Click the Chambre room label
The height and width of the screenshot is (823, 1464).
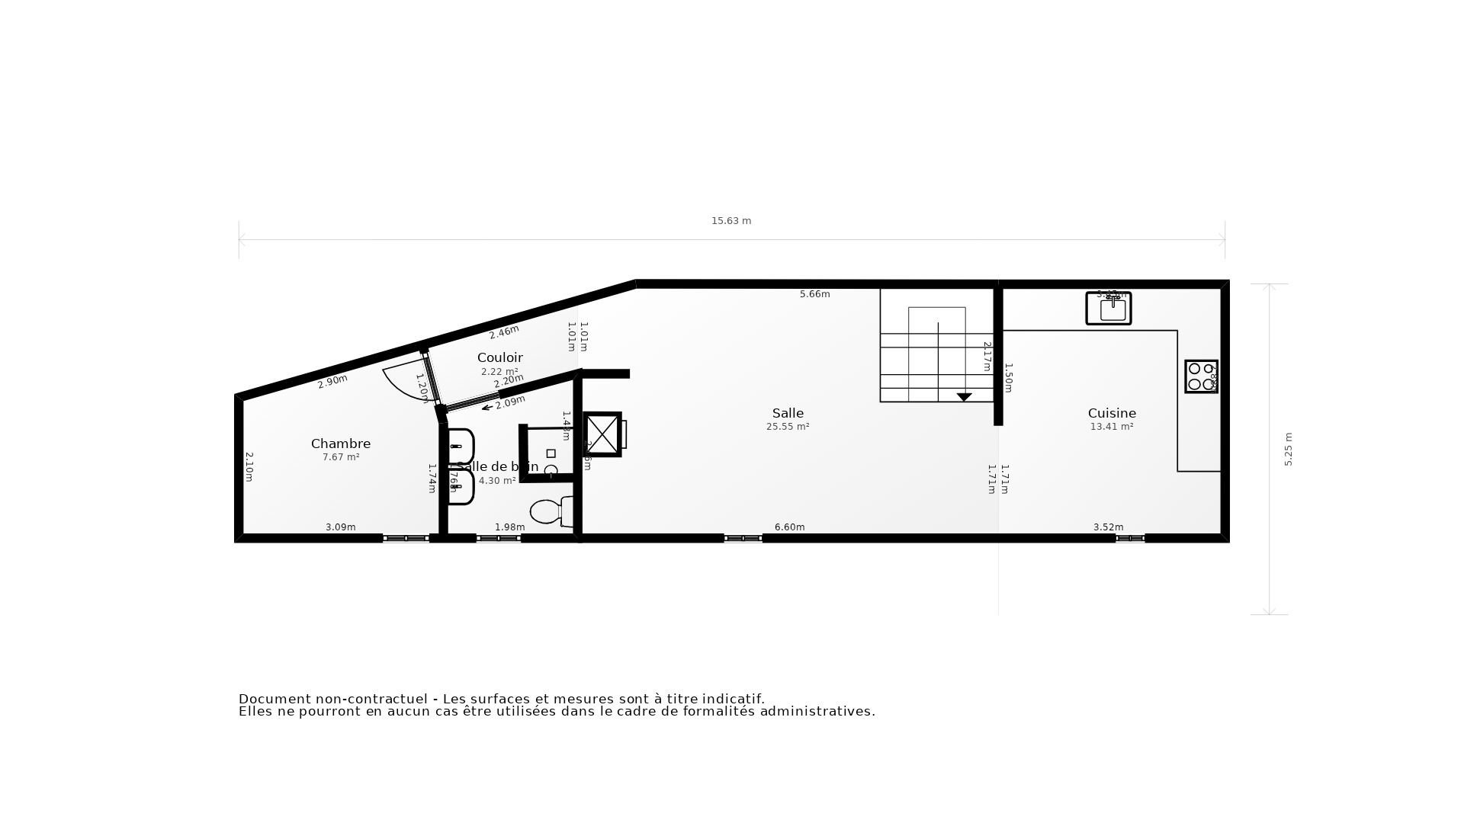(341, 444)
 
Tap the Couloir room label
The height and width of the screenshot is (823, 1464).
(500, 357)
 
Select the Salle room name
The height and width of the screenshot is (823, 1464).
(788, 413)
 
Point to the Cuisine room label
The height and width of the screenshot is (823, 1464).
(1112, 413)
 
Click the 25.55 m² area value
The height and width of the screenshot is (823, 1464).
(788, 427)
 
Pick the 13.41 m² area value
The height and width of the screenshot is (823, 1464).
(1112, 427)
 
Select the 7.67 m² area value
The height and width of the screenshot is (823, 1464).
(341, 457)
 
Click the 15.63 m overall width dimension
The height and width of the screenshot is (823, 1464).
(731, 221)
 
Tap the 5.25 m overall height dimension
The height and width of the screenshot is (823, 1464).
(1289, 450)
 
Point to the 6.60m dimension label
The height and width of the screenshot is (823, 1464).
(789, 527)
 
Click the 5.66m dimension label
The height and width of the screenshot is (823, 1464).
(814, 294)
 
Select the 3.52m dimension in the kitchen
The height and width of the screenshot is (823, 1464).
(1108, 527)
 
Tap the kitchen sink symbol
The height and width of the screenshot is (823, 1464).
(1109, 309)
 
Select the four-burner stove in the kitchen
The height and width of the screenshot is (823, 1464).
(1201, 376)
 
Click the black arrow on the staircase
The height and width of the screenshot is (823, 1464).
(964, 397)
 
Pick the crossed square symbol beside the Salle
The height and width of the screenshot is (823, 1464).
(602, 434)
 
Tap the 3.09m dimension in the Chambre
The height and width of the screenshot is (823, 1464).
(341, 527)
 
